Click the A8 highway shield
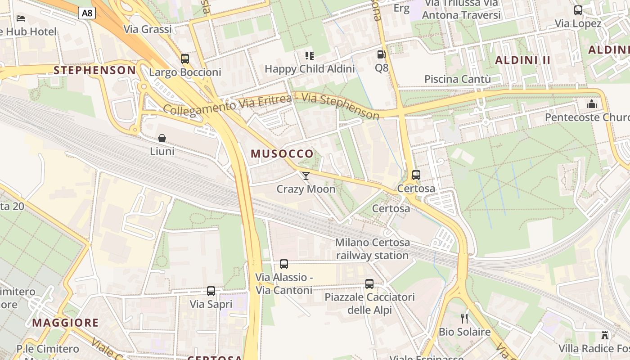tap(87, 13)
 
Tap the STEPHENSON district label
tap(94, 70)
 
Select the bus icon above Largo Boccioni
tap(184, 59)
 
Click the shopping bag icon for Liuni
tap(162, 138)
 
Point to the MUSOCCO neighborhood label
tap(282, 153)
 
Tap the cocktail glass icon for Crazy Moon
tap(306, 175)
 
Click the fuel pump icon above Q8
tap(381, 55)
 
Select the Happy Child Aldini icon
tap(310, 56)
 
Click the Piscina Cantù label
tap(458, 79)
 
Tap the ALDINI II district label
tap(523, 60)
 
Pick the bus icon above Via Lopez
tap(578, 10)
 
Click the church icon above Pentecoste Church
tap(591, 104)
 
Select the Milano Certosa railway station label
tap(373, 249)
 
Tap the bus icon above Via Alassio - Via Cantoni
tap(283, 264)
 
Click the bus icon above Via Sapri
tap(211, 291)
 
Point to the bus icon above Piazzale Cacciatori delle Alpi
tap(369, 284)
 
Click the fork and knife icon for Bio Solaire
tap(464, 319)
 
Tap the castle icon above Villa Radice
tap(605, 335)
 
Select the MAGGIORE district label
tap(65, 323)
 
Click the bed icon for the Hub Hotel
tap(21, 18)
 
